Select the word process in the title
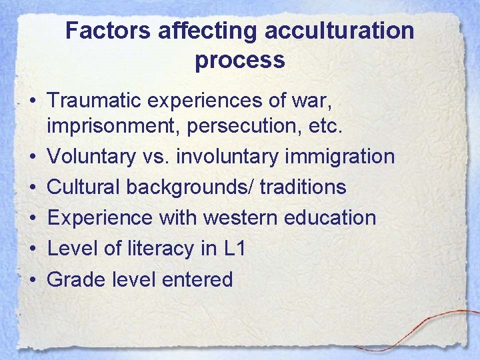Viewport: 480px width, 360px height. click(x=240, y=60)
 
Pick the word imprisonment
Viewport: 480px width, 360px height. click(x=105, y=126)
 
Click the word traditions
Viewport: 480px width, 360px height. click(x=303, y=187)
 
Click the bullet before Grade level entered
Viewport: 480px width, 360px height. click(x=32, y=279)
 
